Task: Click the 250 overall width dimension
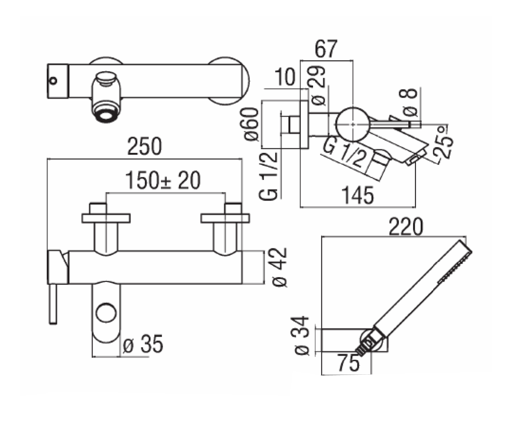point(144,147)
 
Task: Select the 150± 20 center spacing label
point(163,180)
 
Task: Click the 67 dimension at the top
point(326,49)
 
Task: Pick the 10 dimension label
point(285,77)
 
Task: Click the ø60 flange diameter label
point(250,124)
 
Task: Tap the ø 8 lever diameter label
point(408,102)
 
